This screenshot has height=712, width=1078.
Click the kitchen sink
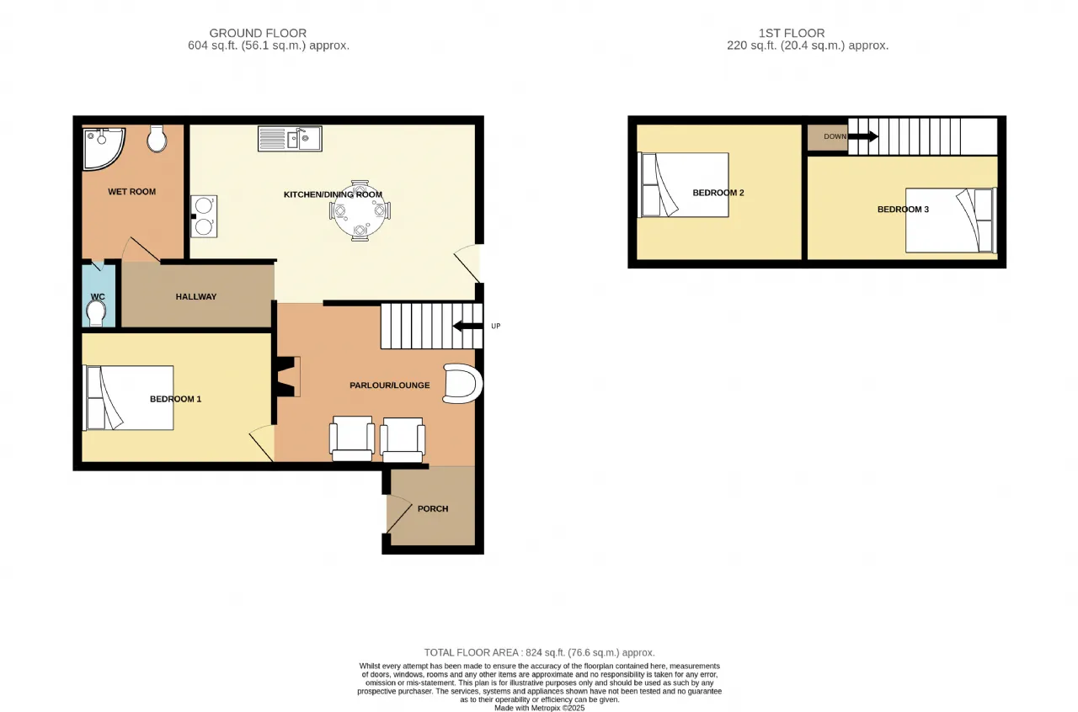point(290,139)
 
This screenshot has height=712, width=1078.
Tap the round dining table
point(360,211)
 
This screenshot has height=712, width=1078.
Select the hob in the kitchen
point(204,216)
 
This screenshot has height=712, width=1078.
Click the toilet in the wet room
point(157,139)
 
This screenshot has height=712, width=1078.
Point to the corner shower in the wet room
point(103,147)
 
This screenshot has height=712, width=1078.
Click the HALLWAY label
point(196,297)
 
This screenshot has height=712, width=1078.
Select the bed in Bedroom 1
point(128,398)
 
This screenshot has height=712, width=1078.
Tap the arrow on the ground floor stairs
point(467,327)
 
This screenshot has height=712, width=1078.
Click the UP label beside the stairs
point(496,327)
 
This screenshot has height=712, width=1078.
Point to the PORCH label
point(433,509)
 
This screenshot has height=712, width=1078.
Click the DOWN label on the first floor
point(835,136)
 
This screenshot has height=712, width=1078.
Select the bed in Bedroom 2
point(683,185)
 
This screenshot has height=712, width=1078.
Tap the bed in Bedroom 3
point(951,221)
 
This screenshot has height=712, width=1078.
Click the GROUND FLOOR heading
point(258,33)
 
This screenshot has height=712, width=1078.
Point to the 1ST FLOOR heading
point(792,33)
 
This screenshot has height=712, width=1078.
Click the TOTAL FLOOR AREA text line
point(540,653)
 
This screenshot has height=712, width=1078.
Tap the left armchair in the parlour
point(352,438)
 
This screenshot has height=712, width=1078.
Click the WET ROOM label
point(132,192)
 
